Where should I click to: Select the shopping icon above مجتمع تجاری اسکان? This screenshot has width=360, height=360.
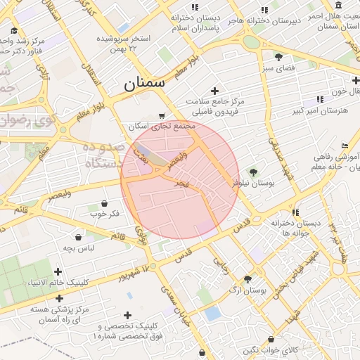click(162, 115)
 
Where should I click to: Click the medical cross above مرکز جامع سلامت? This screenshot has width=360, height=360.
click(214, 91)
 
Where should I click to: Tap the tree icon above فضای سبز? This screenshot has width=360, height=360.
click(279, 56)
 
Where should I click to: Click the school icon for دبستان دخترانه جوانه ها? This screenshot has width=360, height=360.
click(295, 212)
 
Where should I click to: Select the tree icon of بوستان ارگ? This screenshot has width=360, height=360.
click(247, 279)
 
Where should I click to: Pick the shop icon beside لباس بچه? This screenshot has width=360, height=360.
click(77, 237)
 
